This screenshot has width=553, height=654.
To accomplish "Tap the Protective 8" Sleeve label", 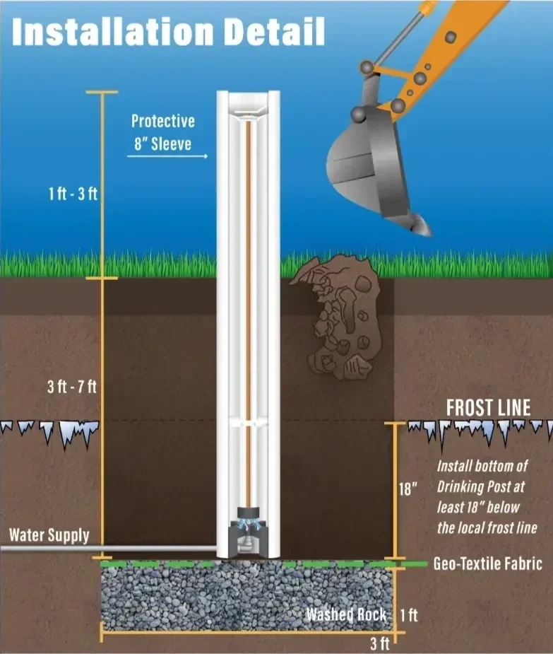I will [162, 132].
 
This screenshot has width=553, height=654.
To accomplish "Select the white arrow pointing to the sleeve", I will [168, 156].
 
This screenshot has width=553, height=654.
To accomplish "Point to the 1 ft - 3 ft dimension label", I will [73, 194].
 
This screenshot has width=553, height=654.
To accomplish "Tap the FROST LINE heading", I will [488, 408].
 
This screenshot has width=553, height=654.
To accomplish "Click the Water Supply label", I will [49, 535].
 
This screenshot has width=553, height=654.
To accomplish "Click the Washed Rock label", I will [345, 614].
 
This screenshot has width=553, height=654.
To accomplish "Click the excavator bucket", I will [367, 163].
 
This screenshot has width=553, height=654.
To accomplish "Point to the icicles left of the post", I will [49, 431].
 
